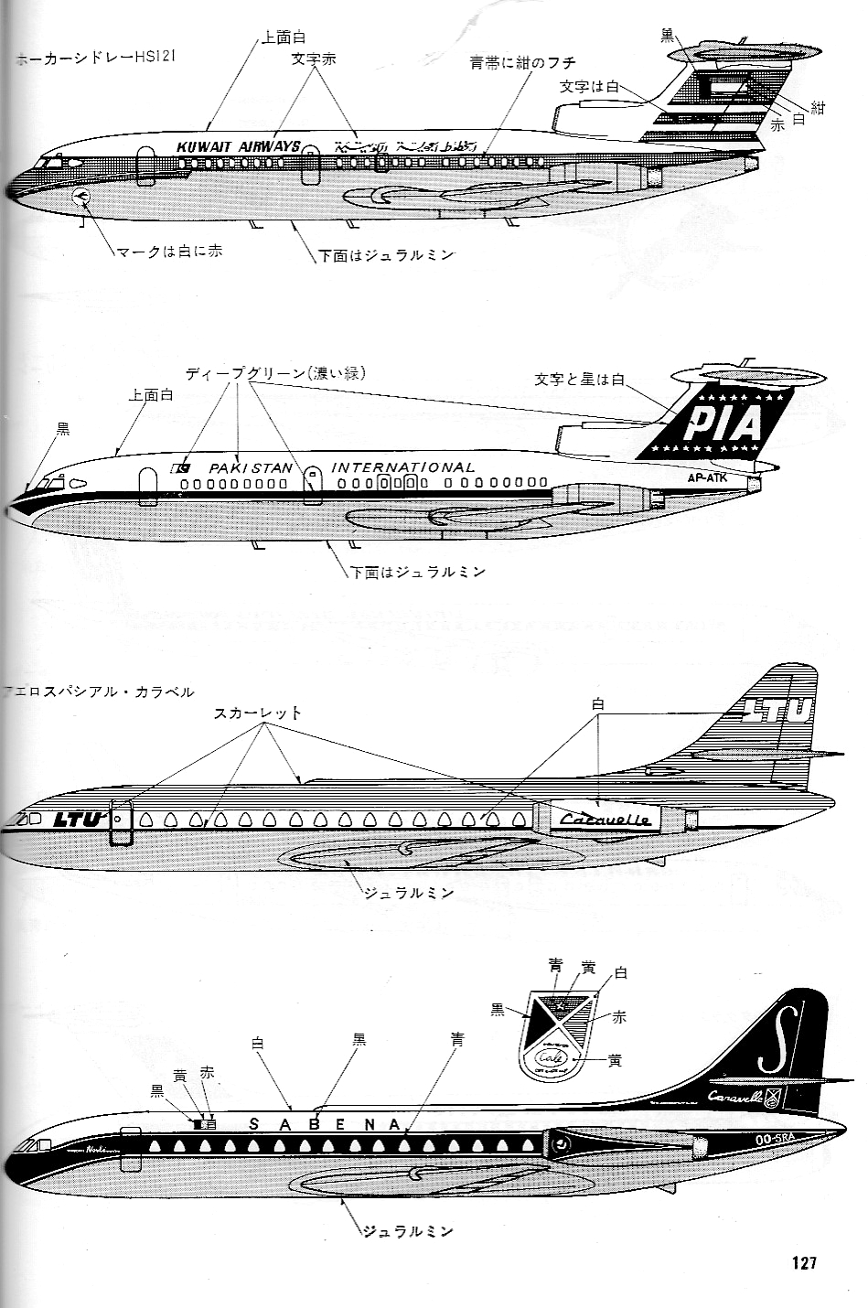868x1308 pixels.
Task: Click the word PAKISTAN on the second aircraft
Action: [x=251, y=467]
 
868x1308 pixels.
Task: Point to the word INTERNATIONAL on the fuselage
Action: [x=402, y=467]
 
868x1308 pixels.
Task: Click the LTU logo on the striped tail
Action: [x=778, y=709]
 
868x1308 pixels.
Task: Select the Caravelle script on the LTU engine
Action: [x=605, y=820]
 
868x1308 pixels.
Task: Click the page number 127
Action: [x=804, y=1263]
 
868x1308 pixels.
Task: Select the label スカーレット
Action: [x=258, y=713]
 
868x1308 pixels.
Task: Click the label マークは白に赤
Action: [x=168, y=252]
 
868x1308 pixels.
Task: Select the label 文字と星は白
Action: [x=578, y=379]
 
